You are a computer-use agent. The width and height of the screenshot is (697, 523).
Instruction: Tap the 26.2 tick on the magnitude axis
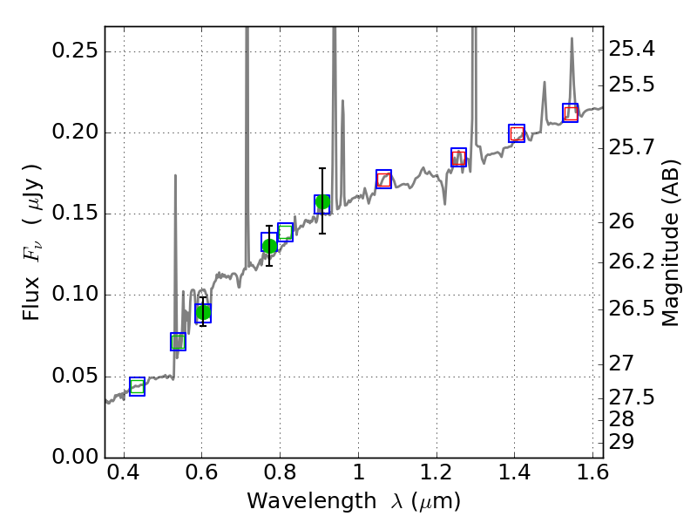[635, 261]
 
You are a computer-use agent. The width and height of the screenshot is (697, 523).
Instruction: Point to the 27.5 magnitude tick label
[635, 397]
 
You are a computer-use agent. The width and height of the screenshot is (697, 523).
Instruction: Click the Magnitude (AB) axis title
[670, 242]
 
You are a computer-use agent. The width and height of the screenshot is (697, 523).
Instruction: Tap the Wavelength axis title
[353, 502]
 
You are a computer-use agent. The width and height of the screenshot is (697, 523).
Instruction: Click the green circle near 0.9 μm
[322, 203]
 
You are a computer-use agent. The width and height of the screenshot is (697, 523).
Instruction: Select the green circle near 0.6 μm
[203, 312]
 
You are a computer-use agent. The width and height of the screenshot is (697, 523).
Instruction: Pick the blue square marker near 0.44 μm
[137, 387]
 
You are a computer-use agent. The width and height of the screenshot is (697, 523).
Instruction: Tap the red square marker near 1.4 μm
[517, 133]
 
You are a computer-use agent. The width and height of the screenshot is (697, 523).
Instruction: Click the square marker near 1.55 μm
[571, 113]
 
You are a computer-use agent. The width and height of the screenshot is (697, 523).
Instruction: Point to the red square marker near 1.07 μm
[383, 180]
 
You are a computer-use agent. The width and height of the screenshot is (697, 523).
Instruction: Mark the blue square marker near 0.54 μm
[178, 342]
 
